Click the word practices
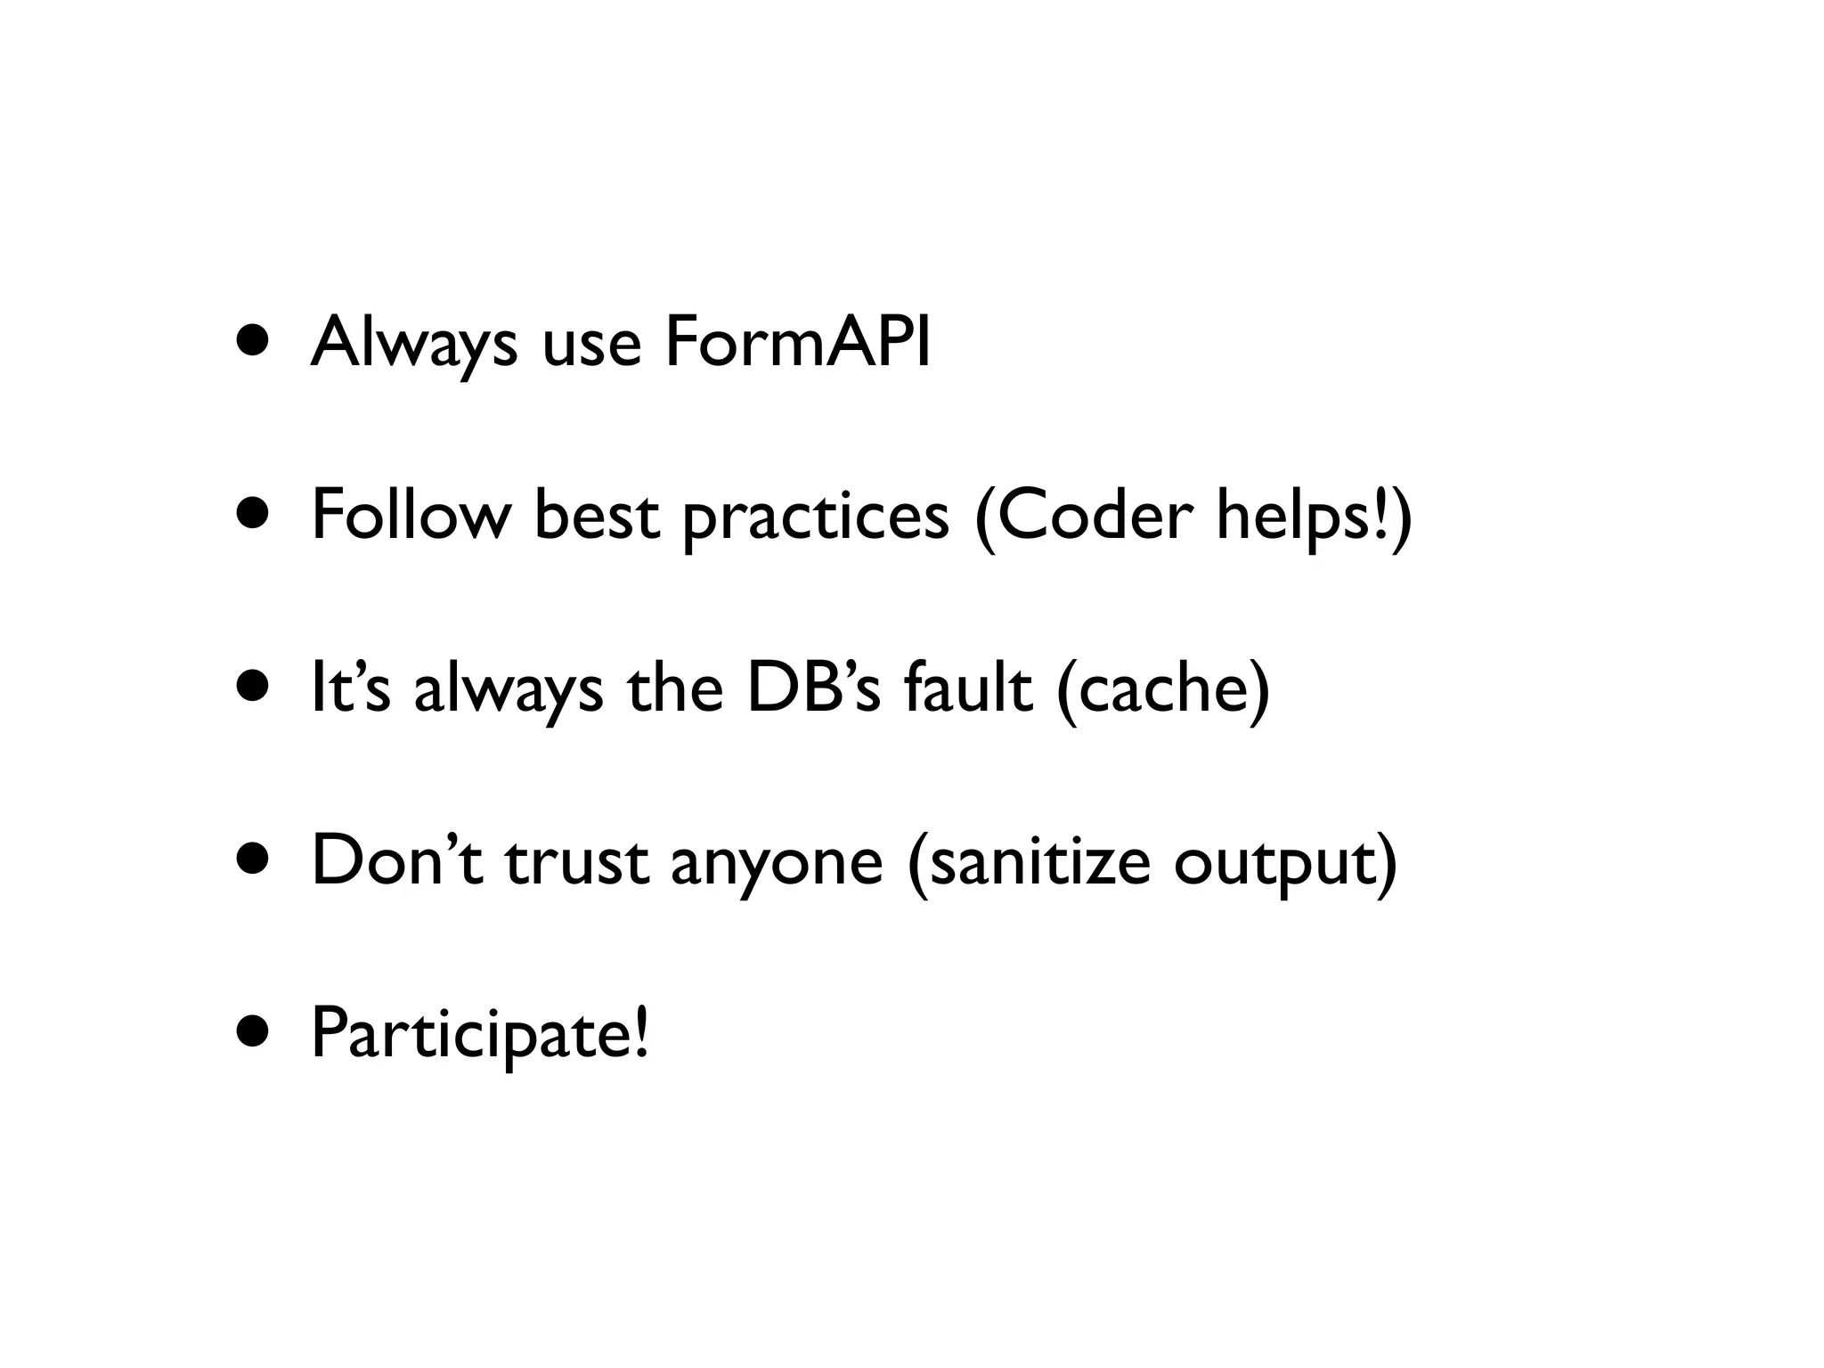(x=816, y=517)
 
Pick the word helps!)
(x=1315, y=517)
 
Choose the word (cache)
(x=1163, y=690)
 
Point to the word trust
(x=576, y=862)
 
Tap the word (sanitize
(x=1028, y=862)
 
